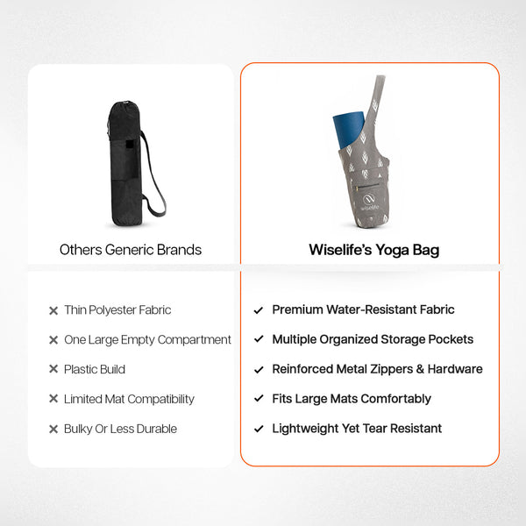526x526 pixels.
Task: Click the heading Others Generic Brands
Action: coord(131,250)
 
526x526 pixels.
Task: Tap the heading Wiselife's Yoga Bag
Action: coord(374,250)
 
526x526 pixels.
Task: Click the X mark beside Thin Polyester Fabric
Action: coord(53,310)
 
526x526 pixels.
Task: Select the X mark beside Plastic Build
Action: coord(53,369)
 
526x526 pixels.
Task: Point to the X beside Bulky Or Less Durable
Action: coord(53,429)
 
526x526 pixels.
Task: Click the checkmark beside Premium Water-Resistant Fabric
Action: coord(259,310)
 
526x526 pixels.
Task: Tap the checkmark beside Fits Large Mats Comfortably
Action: coord(259,399)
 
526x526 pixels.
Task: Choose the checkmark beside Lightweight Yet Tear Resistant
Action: coord(259,429)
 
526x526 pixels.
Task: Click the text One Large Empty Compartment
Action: coord(147,340)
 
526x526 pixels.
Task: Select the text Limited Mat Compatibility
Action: coord(129,399)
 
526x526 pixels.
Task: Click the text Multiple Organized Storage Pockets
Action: coord(373,339)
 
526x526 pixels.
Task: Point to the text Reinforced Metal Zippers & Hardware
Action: coord(377,369)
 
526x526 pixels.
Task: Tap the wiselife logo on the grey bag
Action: coord(369,202)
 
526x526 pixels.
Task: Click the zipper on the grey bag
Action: coord(366,186)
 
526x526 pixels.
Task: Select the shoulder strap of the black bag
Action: coord(155,178)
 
